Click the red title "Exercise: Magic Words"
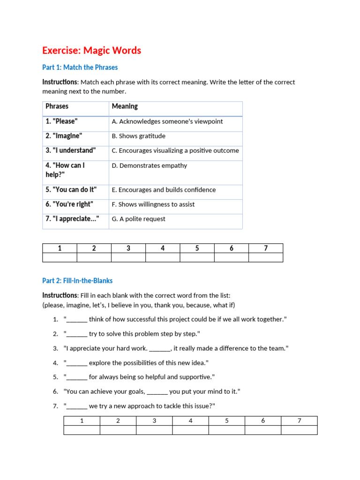point(91,51)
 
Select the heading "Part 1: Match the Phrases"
point(80,67)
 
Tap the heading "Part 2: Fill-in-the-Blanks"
point(77,281)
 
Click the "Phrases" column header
point(57,106)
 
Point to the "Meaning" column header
point(125,106)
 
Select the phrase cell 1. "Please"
point(61,121)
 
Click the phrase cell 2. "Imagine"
point(64,136)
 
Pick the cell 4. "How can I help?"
point(65,170)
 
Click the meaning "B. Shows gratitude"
point(138,136)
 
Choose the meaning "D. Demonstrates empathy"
point(149,165)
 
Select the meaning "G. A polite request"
point(138,219)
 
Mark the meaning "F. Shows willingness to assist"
point(153,204)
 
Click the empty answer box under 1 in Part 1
point(60,257)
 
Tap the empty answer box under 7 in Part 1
point(266,257)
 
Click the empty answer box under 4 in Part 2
point(190,430)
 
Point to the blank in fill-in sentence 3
point(160,349)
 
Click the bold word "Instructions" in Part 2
point(60,295)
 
